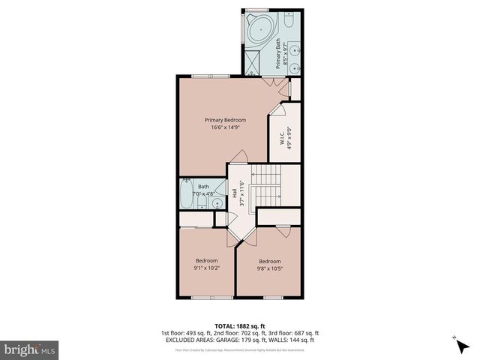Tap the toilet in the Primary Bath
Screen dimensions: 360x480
point(295,22)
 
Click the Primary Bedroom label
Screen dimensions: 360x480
point(226,119)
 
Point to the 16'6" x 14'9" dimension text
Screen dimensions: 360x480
point(226,127)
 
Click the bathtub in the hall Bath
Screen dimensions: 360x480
point(185,196)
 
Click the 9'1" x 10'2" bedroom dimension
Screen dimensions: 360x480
point(206,268)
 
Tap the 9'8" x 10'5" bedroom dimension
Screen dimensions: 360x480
point(270,268)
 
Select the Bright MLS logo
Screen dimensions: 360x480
point(30,349)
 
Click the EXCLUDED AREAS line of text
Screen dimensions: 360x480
point(239,340)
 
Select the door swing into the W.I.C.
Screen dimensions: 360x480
point(276,111)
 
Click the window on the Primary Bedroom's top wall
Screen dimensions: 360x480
point(200,76)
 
